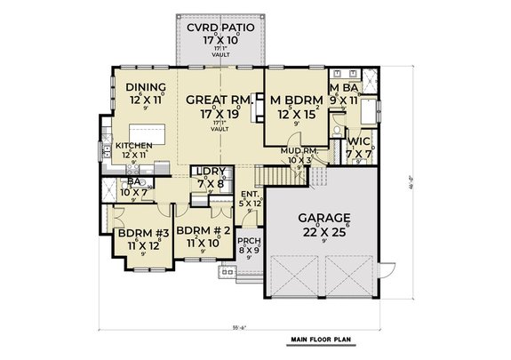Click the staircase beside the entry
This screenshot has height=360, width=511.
click(270, 178)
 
